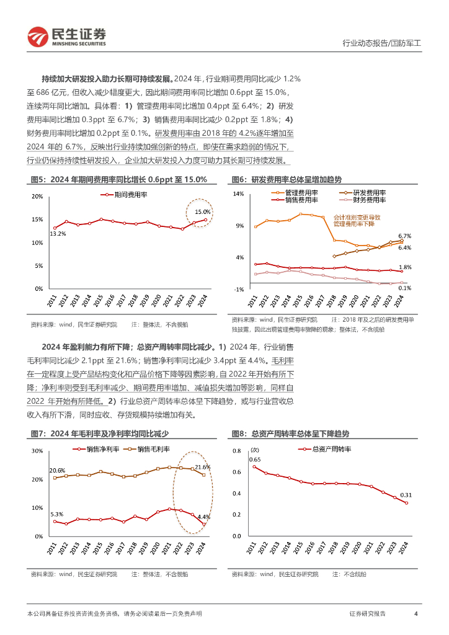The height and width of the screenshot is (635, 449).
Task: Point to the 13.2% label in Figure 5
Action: click(x=58, y=234)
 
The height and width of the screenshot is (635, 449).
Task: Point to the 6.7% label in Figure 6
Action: click(x=405, y=236)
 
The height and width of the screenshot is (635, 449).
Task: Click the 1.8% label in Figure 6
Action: click(x=405, y=267)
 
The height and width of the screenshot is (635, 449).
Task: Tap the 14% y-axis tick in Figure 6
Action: click(x=239, y=194)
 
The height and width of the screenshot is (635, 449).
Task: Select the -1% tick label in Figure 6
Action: click(x=239, y=290)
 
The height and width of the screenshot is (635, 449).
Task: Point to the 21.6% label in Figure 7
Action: click(x=202, y=467)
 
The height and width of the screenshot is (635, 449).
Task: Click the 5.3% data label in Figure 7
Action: click(x=56, y=514)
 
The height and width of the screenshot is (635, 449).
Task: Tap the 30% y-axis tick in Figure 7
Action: click(x=37, y=451)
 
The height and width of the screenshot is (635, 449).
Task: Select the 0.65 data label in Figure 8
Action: click(x=255, y=460)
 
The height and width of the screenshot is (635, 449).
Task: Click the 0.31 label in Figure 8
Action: click(x=405, y=495)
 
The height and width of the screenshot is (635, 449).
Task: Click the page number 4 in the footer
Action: click(x=416, y=613)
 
